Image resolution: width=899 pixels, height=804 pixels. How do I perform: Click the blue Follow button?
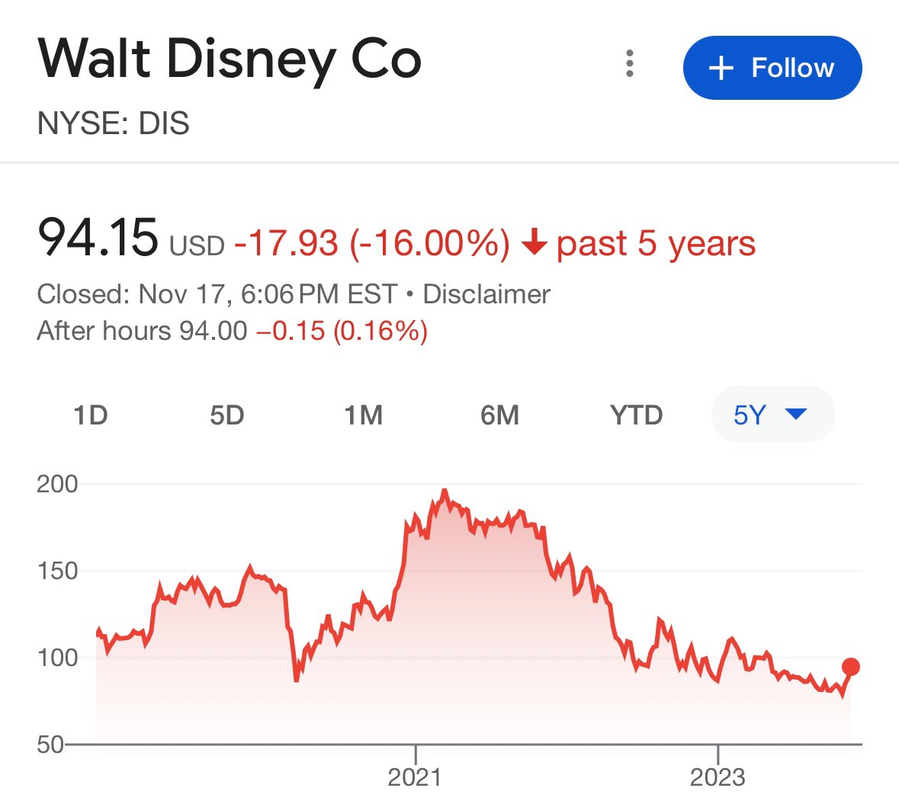click(x=772, y=68)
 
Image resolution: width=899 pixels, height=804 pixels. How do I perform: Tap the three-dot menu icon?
click(x=630, y=64)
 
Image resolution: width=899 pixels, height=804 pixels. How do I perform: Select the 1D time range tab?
click(x=91, y=415)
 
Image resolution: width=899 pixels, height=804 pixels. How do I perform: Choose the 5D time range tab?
click(x=226, y=415)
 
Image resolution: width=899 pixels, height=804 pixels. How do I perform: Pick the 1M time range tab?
click(x=363, y=415)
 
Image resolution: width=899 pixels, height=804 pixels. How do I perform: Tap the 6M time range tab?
click(x=499, y=415)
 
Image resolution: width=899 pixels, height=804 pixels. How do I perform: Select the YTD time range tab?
click(x=636, y=415)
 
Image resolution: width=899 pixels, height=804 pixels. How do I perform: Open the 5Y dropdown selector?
click(x=772, y=415)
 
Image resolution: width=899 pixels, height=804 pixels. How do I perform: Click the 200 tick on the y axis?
click(x=57, y=484)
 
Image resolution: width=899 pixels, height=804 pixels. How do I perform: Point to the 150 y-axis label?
click(x=57, y=571)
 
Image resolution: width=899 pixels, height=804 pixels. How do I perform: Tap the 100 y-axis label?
click(x=57, y=658)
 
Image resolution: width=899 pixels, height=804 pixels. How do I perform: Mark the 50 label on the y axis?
click(x=52, y=744)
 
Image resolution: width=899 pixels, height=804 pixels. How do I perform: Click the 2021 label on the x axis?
click(x=415, y=777)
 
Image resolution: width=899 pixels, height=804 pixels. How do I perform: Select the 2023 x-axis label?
click(x=718, y=777)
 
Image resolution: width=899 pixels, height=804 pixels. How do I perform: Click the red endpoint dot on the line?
click(x=851, y=667)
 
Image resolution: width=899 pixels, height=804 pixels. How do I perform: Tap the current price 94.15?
click(x=98, y=238)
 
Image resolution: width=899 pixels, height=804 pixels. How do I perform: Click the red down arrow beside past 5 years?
click(x=535, y=244)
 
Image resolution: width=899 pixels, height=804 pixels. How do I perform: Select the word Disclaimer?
click(x=486, y=294)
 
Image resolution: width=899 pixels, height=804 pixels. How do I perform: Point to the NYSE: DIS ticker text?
click(x=114, y=123)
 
